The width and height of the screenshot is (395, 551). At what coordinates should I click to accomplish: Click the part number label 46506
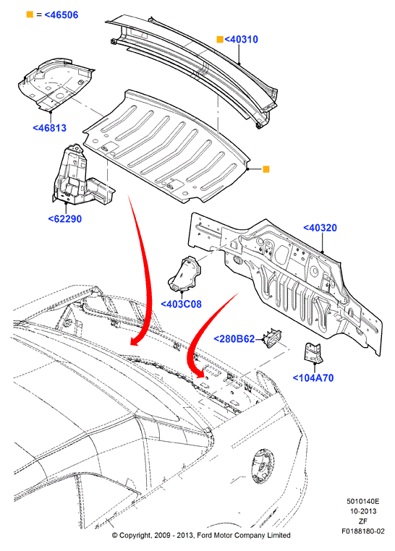[61, 14]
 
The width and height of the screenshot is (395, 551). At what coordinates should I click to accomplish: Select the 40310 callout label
[241, 39]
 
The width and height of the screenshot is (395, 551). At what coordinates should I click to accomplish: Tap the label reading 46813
[49, 128]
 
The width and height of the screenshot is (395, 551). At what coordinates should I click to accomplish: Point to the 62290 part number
[65, 219]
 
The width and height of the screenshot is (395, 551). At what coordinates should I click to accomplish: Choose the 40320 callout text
[320, 228]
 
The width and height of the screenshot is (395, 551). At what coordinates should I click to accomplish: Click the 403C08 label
[182, 304]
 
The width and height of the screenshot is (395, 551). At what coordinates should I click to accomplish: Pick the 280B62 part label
[234, 338]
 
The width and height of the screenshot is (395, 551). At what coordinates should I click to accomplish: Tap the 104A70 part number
[313, 378]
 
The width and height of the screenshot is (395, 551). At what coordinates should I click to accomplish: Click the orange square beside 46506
[30, 14]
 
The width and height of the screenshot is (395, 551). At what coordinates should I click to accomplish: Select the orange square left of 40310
[220, 39]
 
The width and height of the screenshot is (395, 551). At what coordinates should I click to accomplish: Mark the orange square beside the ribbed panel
[266, 169]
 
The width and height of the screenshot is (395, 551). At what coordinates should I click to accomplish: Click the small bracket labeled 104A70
[313, 353]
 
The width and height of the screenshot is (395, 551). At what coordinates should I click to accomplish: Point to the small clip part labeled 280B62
[271, 338]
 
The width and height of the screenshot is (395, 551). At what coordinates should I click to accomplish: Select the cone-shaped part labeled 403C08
[185, 274]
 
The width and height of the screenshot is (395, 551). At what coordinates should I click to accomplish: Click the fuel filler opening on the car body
[263, 466]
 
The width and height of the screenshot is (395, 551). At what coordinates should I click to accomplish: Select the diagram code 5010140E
[363, 501]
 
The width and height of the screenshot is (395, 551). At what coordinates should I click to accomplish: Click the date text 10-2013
[363, 511]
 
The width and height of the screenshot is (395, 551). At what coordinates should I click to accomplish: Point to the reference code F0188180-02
[363, 531]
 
